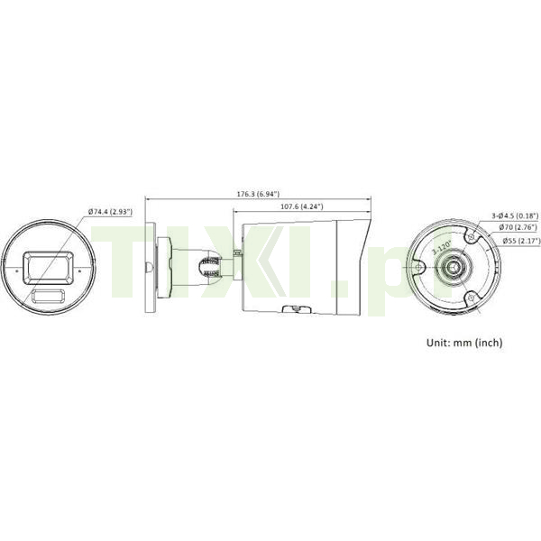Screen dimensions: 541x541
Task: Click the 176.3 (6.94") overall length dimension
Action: point(258,194)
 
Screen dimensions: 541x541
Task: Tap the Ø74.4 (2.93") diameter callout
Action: point(110,212)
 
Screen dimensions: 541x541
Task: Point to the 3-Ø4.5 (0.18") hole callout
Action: point(515,216)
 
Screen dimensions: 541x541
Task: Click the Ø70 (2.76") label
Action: point(518,227)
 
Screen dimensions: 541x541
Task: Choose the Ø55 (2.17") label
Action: point(521,241)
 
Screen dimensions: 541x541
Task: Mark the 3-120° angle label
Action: point(442,247)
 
